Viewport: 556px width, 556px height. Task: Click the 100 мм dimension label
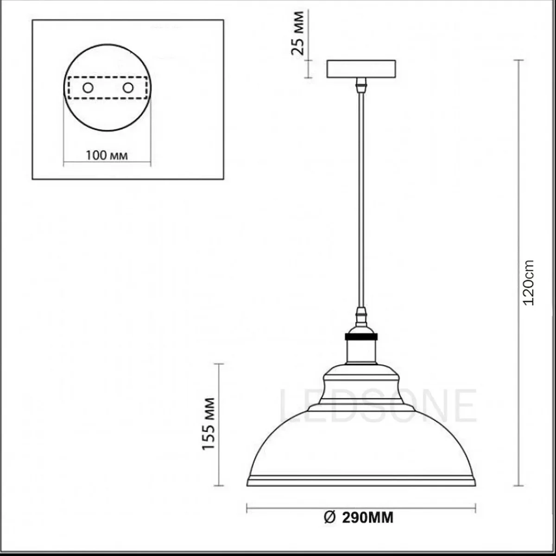click(107, 155)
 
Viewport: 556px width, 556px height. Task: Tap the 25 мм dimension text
click(298, 33)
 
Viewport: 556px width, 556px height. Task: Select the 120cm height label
click(528, 282)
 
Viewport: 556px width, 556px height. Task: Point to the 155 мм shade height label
click(209, 424)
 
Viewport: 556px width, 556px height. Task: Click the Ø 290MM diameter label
click(359, 517)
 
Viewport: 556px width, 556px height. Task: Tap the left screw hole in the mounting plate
click(87, 87)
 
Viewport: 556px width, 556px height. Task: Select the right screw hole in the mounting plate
click(128, 87)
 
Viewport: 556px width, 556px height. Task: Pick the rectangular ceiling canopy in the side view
click(361, 69)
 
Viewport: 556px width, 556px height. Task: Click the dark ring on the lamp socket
click(361, 336)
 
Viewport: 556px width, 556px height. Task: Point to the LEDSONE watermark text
click(378, 406)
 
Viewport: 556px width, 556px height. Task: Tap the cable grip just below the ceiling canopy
click(361, 85)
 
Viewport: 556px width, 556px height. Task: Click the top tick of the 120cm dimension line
click(518, 60)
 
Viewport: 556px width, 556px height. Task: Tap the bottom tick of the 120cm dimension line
click(518, 486)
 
